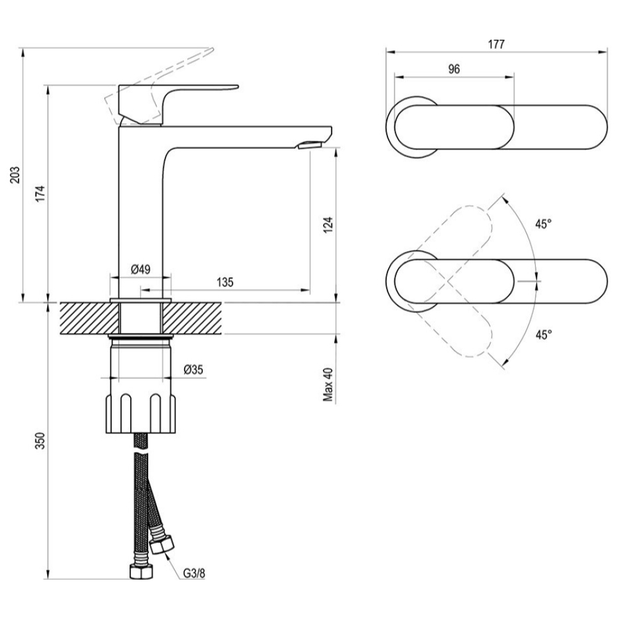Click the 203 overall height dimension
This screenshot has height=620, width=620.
pyautogui.click(x=15, y=175)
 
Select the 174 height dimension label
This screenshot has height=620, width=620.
pyautogui.click(x=40, y=193)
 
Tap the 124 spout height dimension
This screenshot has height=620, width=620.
pyautogui.click(x=328, y=225)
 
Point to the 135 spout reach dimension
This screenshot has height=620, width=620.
pyautogui.click(x=225, y=282)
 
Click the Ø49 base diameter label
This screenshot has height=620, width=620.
pyautogui.click(x=140, y=270)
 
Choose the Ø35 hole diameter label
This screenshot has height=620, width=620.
pyautogui.click(x=193, y=370)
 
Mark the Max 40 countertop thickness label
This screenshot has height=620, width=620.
pyautogui.click(x=328, y=384)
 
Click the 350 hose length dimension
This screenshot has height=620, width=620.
pyautogui.click(x=40, y=441)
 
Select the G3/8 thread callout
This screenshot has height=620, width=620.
pyautogui.click(x=193, y=573)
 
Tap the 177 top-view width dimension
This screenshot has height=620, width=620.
pyautogui.click(x=496, y=44)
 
